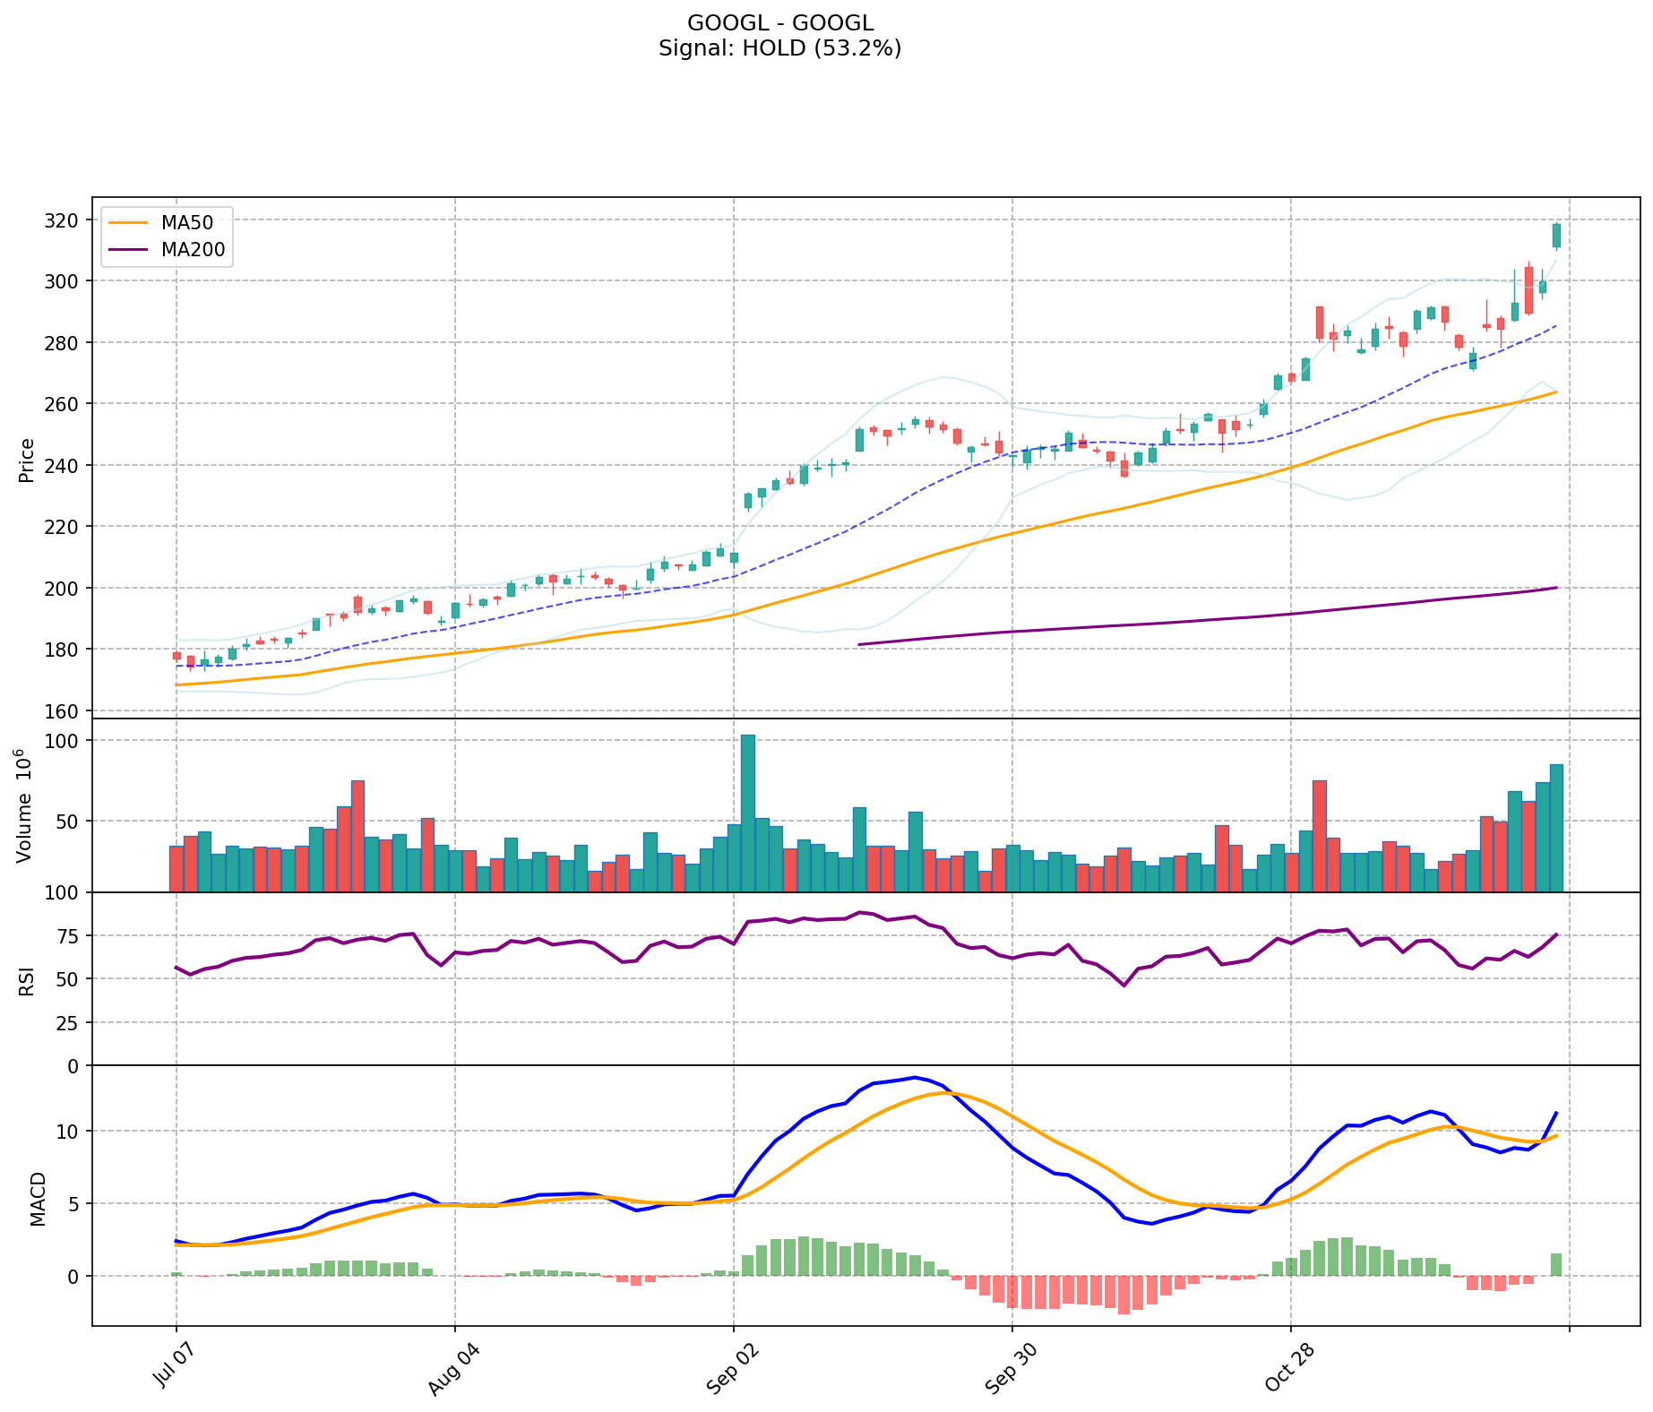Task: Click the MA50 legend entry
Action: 187,223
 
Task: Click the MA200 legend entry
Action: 193,250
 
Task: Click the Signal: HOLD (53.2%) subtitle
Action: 779,48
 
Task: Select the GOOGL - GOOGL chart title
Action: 779,23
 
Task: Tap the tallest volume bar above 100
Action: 747,813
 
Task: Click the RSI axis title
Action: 26,980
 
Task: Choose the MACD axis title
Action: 38,1199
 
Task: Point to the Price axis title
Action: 26,461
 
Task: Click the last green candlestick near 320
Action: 1556,236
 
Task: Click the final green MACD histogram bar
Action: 1556,1264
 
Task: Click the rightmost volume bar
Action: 1556,828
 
